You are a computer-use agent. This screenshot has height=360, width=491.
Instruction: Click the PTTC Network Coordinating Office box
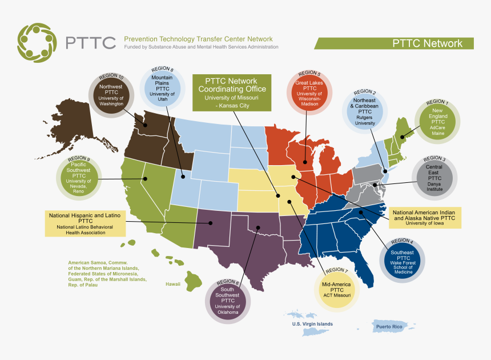(x=231, y=92)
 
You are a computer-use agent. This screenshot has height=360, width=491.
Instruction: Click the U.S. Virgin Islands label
(x=312, y=324)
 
